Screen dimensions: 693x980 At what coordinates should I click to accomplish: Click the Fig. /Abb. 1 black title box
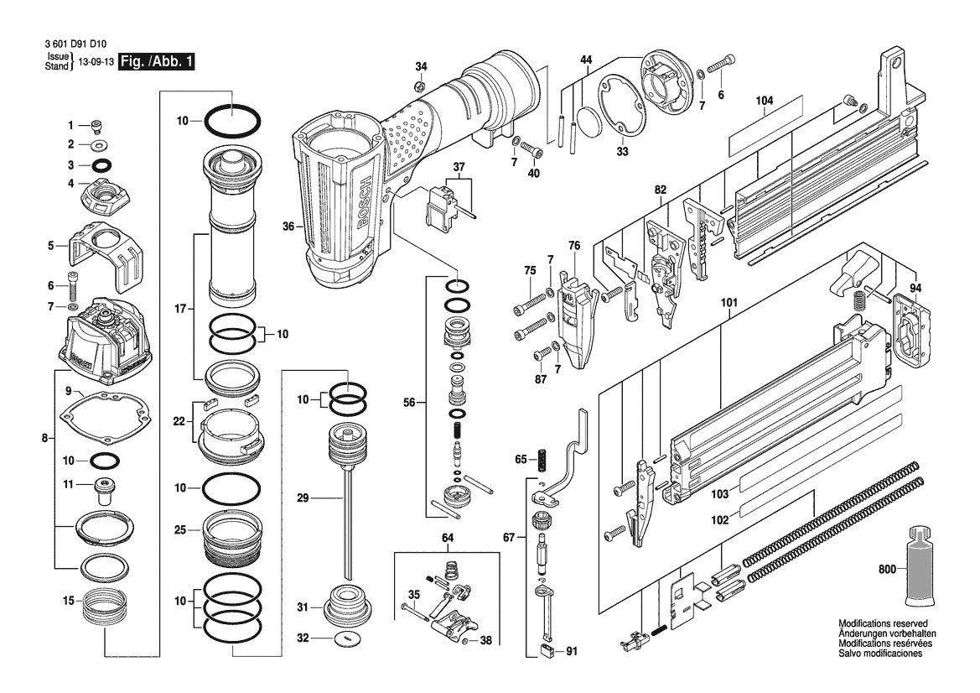point(156,62)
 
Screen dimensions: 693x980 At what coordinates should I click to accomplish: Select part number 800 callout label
point(887,568)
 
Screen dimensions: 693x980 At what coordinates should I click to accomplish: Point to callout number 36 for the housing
point(288,226)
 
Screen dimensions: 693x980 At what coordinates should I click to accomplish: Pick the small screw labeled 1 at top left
point(96,126)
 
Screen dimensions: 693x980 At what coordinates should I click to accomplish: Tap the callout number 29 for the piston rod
point(303,498)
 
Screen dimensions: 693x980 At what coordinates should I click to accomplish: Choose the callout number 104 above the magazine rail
point(764,101)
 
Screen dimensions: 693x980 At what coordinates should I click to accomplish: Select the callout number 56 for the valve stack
point(409,403)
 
